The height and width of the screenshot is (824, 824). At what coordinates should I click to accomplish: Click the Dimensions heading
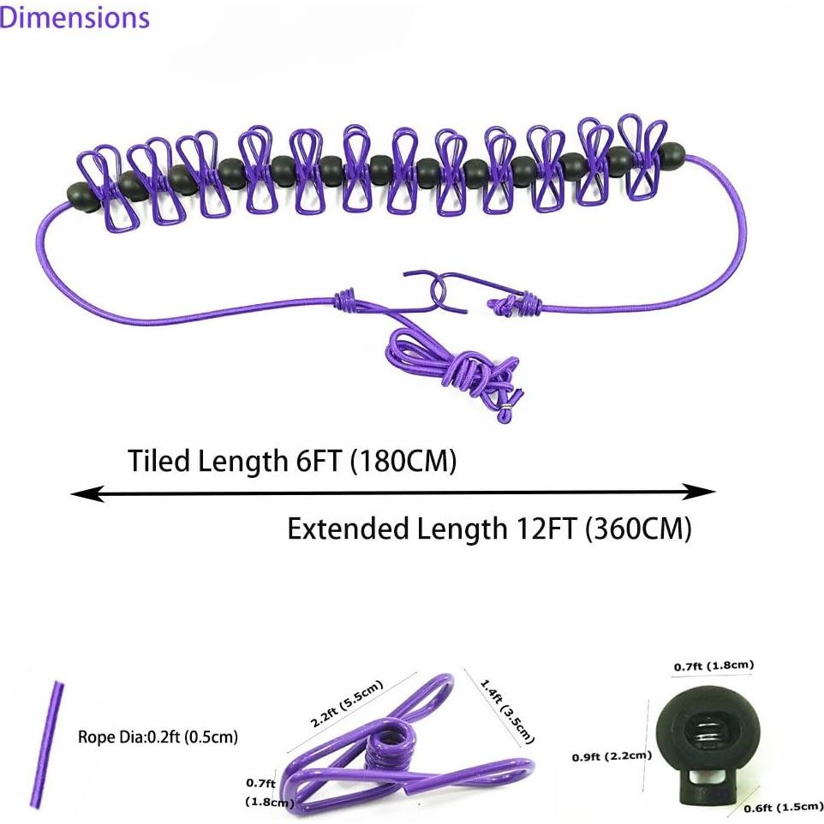pyautogui.click(x=75, y=17)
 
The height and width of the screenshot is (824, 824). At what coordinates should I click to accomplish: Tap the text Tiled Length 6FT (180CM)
pyautogui.click(x=292, y=461)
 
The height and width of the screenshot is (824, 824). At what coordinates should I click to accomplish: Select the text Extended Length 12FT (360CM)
pyautogui.click(x=489, y=528)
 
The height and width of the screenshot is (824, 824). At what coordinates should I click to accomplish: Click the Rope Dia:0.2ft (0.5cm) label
pyautogui.click(x=158, y=737)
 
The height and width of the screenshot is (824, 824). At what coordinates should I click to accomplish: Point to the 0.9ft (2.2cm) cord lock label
pyautogui.click(x=612, y=756)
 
